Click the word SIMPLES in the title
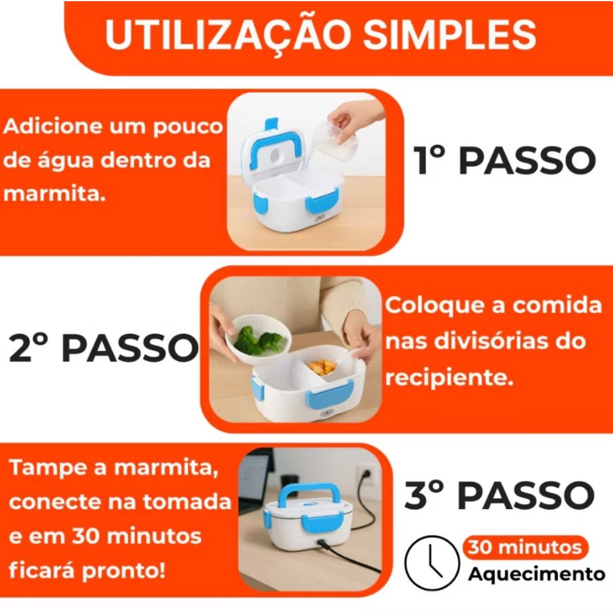tap(450, 34)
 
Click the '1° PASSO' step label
tap(505, 160)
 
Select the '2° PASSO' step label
tap(104, 348)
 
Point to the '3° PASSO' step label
tap(499, 495)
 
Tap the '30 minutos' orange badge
tap(525, 547)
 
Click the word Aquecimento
tap(536, 574)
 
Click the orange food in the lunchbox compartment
tap(323, 367)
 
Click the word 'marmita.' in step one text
tap(54, 194)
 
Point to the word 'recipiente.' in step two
tap(449, 377)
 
